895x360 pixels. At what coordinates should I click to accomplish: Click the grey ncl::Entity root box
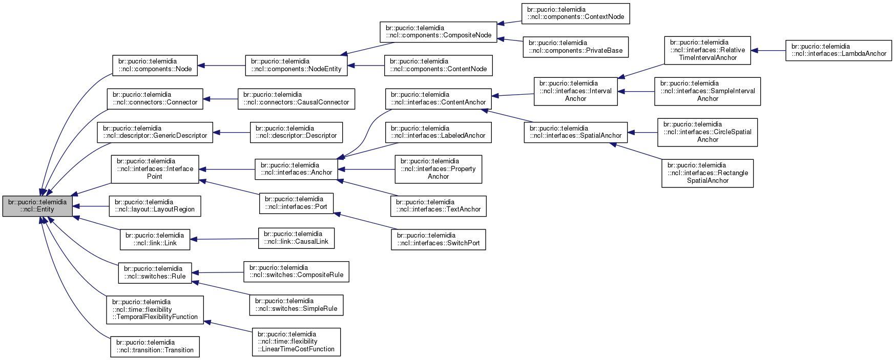coord(37,206)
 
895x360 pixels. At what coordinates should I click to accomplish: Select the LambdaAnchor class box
coord(839,50)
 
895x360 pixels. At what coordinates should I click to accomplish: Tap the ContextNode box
coord(575,13)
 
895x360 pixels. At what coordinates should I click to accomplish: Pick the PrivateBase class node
coord(575,47)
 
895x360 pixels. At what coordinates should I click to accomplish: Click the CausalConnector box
coord(296,99)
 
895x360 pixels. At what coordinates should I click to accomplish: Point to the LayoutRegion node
coord(155,206)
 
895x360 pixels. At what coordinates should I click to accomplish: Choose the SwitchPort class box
coord(438,239)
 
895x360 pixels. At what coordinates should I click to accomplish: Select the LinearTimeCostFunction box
coord(296,342)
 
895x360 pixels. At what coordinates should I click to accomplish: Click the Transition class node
coord(155,347)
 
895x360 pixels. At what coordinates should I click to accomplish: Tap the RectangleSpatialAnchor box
coord(707,173)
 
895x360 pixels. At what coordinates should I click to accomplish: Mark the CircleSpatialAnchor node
coord(707,132)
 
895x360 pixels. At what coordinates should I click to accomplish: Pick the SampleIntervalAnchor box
coord(707,91)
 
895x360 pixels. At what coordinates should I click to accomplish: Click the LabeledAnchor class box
coord(438,132)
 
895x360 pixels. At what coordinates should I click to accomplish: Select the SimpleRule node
coord(296,305)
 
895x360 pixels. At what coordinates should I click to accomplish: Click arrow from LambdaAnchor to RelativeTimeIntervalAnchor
coord(768,50)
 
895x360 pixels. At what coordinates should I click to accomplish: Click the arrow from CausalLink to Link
coord(224,239)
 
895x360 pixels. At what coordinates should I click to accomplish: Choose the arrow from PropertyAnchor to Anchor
coord(366,170)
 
